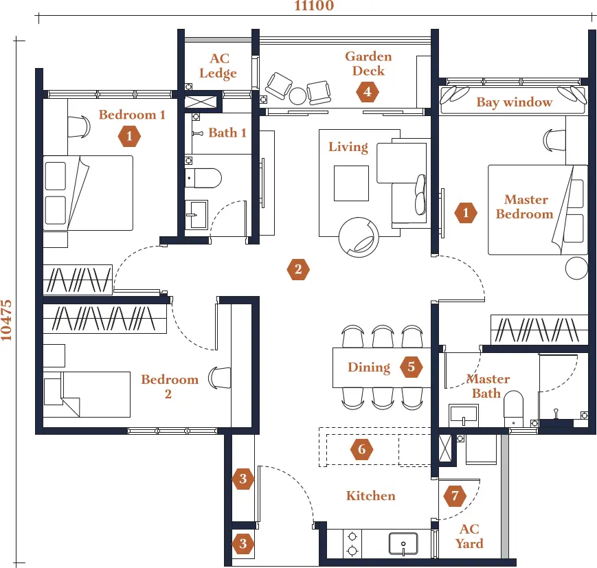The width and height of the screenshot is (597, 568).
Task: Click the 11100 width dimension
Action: (x=314, y=5)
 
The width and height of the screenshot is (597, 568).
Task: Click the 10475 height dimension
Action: (x=6, y=320)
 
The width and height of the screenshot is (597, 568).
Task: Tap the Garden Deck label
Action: (x=368, y=64)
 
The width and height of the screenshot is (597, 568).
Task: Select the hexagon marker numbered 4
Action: (x=368, y=92)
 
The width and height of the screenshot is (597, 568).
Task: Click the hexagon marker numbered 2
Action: (x=298, y=269)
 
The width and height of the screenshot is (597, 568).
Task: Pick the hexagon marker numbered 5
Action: (x=412, y=367)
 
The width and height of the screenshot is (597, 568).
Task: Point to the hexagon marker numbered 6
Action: (x=361, y=449)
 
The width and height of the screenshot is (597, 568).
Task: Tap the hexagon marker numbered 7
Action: (x=455, y=496)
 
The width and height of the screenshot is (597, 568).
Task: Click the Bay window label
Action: (x=515, y=102)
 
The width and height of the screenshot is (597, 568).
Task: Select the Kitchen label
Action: (x=371, y=496)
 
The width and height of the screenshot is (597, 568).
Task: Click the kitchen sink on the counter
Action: (x=403, y=544)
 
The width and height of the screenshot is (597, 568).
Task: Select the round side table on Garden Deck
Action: (x=297, y=95)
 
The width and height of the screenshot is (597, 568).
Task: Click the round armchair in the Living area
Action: (x=359, y=237)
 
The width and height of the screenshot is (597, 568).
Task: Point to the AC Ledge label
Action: (x=218, y=65)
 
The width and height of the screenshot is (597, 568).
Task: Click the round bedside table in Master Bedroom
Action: (x=576, y=268)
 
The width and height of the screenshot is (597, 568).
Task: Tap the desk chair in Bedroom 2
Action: (x=220, y=378)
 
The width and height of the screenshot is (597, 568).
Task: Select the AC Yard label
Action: (x=469, y=536)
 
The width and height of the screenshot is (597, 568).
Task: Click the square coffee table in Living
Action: (x=352, y=183)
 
